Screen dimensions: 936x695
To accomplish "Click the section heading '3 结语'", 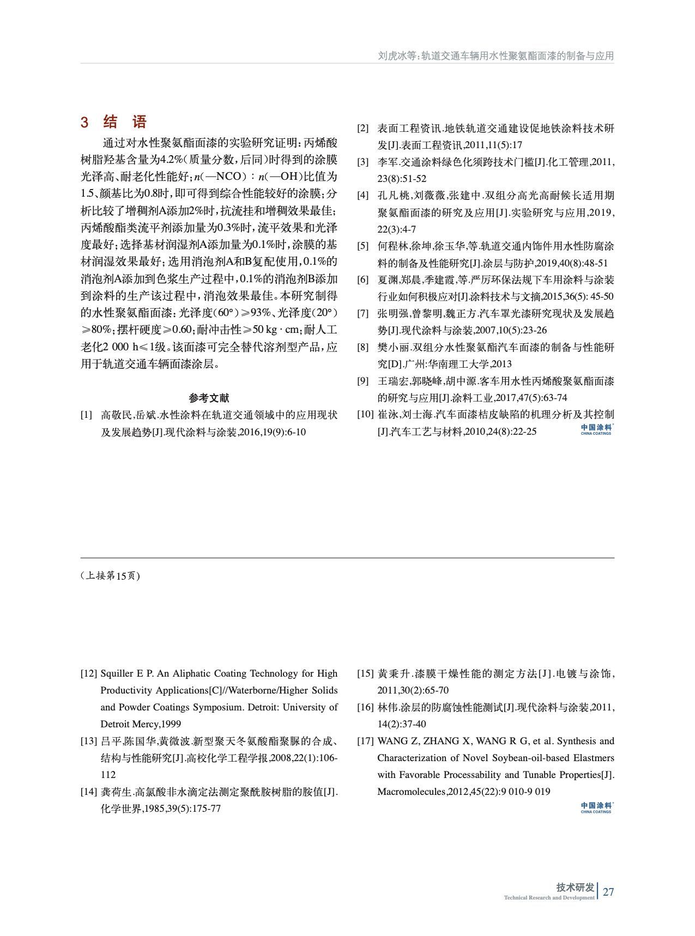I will point(114,122).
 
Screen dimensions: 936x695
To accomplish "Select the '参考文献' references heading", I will point(209,398).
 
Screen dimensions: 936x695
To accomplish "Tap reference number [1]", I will point(87,415).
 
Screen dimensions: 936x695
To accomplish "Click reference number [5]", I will point(363,246).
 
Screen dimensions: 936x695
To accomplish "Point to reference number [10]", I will point(365,415).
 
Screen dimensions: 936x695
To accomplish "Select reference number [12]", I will point(89,673).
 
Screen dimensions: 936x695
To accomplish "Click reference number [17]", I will point(365,741).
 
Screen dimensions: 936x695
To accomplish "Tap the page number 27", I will point(608,892).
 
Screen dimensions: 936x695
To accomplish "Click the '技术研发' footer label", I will point(575,888).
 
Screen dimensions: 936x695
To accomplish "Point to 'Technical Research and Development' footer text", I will point(549,898).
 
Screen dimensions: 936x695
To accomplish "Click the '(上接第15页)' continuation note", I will point(110,576).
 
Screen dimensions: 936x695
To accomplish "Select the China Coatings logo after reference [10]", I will point(596,429).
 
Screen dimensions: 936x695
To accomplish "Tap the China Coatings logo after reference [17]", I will point(596,807).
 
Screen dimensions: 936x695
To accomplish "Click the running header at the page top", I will point(495,56).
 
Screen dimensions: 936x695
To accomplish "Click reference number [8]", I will point(363,347).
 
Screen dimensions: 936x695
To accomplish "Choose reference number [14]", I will point(89,792).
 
